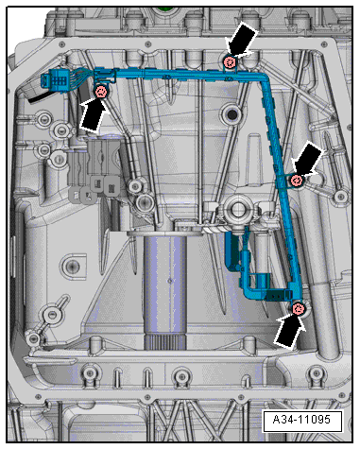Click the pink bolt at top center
230,61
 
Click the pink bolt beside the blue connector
102,92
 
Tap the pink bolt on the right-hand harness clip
297,181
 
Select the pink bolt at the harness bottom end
299,309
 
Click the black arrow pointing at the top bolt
242,40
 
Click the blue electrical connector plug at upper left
56,78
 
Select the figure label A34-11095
301,420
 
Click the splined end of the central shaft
164,341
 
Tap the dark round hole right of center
232,114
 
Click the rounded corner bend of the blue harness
263,78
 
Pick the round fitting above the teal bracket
237,208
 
